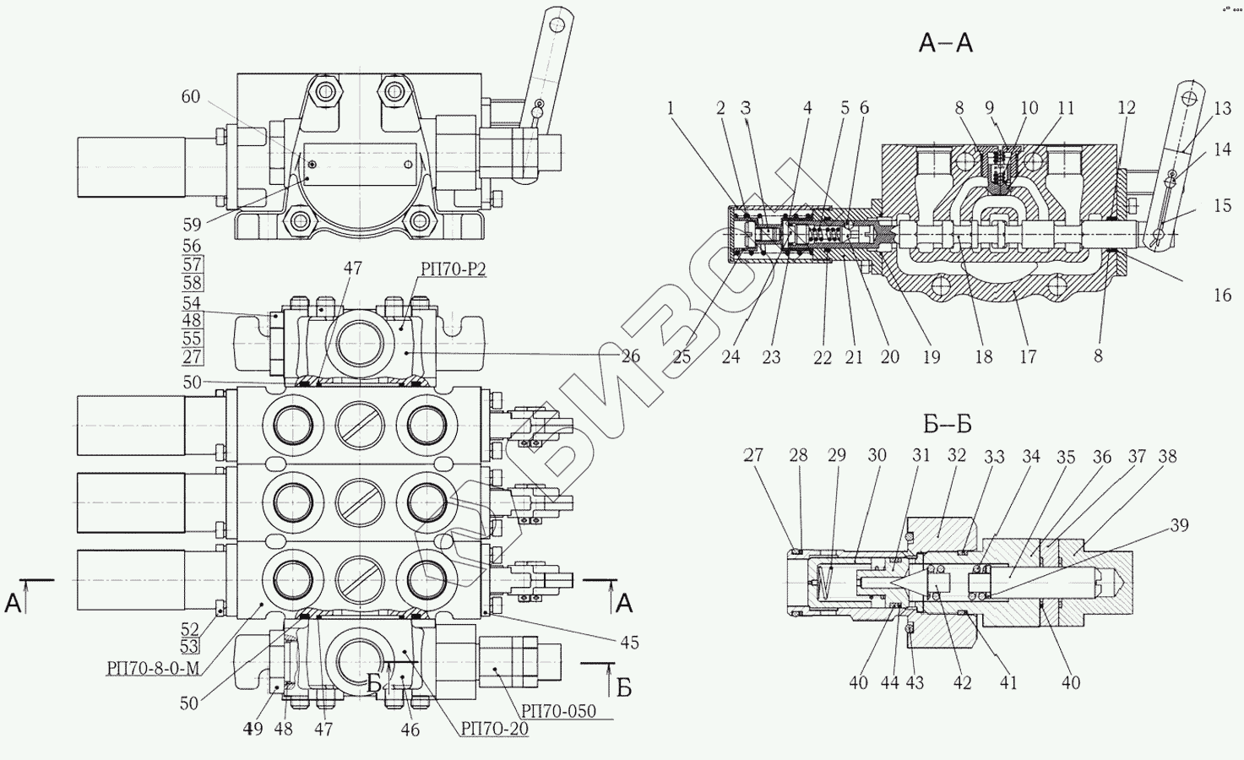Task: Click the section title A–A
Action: click(x=945, y=43)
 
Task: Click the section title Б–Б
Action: click(x=948, y=425)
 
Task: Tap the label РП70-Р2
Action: click(x=454, y=269)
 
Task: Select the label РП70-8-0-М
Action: click(x=153, y=669)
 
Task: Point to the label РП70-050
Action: click(x=558, y=711)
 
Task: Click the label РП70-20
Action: click(x=494, y=729)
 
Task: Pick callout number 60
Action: click(x=191, y=96)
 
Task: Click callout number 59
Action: click(x=193, y=225)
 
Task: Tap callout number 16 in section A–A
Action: click(x=1223, y=295)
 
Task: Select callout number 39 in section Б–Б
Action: click(x=1179, y=525)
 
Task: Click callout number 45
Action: click(x=630, y=643)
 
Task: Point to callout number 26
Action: click(x=631, y=356)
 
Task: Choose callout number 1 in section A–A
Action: click(x=671, y=108)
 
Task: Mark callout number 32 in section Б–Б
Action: click(x=957, y=455)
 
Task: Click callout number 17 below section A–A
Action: click(x=1028, y=356)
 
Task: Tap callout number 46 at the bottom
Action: click(x=410, y=730)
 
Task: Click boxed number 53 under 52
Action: click(x=189, y=646)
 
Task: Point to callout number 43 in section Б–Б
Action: click(x=915, y=682)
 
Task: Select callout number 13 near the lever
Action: click(x=1223, y=108)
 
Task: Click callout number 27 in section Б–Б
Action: click(x=753, y=455)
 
